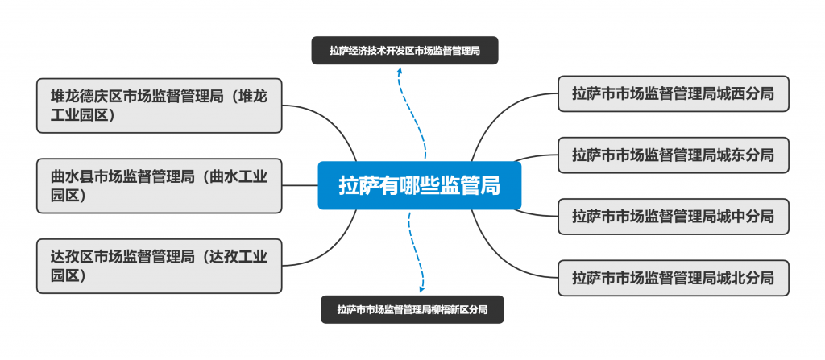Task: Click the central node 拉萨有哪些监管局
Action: tap(419, 186)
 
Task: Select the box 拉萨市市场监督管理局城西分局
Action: tap(673, 93)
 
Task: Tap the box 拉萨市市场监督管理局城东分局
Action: tap(673, 155)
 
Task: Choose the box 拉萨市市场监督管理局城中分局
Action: tap(673, 216)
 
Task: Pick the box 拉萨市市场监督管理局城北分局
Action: tap(673, 278)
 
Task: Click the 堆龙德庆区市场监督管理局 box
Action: tap(159, 105)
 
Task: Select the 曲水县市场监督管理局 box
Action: tap(159, 185)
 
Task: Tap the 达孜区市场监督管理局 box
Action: tap(159, 267)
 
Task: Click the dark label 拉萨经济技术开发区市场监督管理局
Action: tap(404, 51)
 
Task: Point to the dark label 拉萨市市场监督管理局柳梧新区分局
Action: tap(412, 309)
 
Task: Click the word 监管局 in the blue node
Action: tap(475, 186)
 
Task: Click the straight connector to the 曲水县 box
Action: tap(300, 185)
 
